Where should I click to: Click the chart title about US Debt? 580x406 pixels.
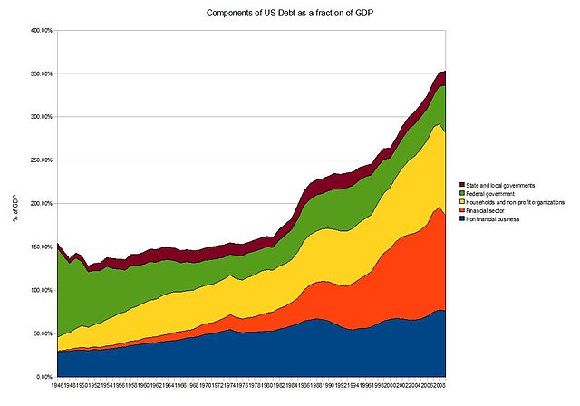click(x=289, y=15)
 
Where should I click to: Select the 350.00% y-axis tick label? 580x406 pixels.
click(x=41, y=73)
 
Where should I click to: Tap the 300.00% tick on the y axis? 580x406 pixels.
click(x=41, y=117)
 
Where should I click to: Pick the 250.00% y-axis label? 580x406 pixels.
click(x=41, y=159)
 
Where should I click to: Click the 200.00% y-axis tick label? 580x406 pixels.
click(x=41, y=203)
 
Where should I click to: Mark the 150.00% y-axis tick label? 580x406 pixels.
click(x=41, y=246)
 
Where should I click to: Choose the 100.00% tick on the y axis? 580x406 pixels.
click(x=41, y=290)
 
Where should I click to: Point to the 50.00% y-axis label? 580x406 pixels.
click(x=43, y=333)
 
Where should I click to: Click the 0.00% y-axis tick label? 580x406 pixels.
click(x=44, y=376)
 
